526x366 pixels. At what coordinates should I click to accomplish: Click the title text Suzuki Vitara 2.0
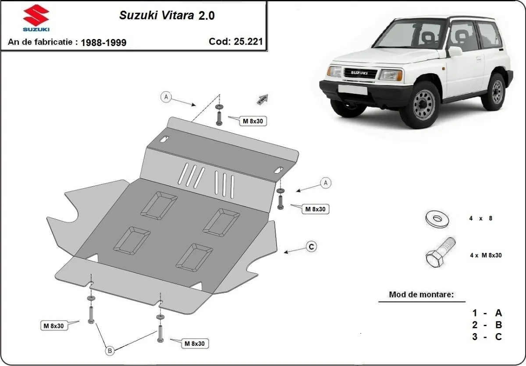[167, 15]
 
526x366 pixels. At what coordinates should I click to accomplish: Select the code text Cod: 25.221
[236, 42]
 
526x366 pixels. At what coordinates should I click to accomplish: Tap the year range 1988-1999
[103, 43]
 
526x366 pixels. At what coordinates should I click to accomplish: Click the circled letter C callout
[311, 247]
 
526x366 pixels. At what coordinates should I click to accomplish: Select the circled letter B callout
[110, 350]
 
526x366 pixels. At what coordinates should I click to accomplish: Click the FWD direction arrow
[262, 99]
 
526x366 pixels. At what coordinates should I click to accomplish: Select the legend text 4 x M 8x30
[486, 255]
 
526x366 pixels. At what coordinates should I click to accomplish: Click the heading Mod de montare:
[421, 295]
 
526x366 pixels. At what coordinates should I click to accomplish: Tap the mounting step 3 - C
[487, 337]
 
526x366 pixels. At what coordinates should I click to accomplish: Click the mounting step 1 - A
[487, 313]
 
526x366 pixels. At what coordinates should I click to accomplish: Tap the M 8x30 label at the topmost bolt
[253, 121]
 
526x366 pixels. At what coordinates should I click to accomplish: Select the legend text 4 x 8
[481, 218]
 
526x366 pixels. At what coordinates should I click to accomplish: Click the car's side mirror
[455, 51]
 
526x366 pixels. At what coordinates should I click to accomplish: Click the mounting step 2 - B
[487, 325]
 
